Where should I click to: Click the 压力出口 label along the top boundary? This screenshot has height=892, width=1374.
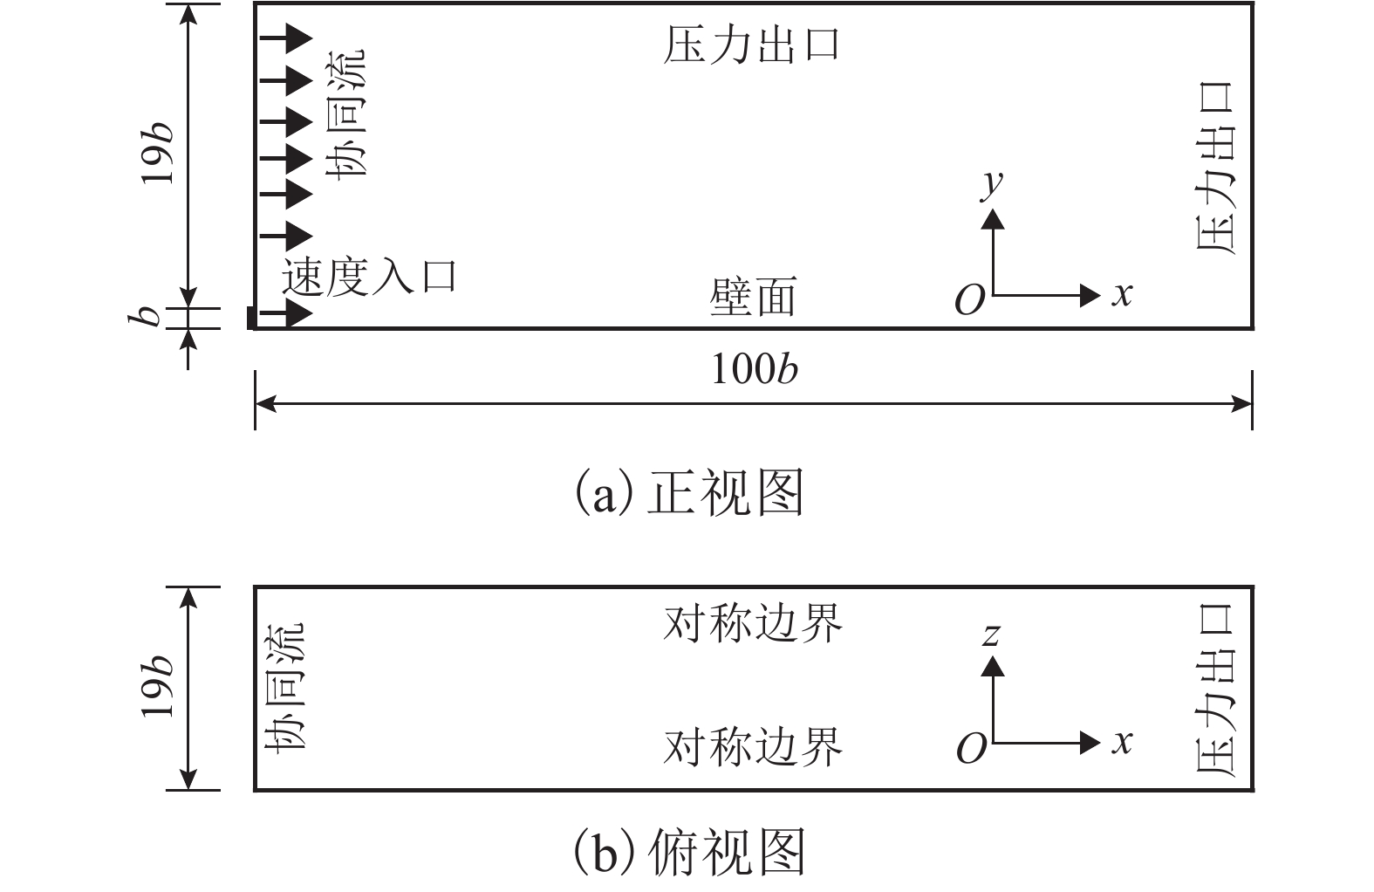coord(751,45)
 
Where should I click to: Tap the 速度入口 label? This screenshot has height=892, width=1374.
coord(369,278)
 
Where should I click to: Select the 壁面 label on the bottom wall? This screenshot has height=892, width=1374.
coord(753,298)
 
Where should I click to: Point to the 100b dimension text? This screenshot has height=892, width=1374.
coord(755,370)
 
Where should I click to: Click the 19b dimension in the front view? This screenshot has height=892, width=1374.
coord(159,154)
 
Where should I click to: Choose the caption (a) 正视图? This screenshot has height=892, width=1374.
coord(689,494)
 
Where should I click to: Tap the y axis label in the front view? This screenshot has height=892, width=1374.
coord(992,183)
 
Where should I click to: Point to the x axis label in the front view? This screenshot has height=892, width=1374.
coord(1122,294)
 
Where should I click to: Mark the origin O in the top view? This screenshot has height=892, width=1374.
coord(971,749)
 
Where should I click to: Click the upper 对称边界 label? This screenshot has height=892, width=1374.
coord(753,623)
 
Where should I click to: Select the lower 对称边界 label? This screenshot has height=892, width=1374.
coord(753,747)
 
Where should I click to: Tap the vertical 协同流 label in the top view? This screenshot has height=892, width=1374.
coord(285,687)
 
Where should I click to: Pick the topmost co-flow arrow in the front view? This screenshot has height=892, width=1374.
coord(287,38)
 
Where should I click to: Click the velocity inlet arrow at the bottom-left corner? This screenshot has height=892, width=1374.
coord(287,313)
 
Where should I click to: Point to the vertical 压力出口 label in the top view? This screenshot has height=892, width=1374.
coord(1215,689)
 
